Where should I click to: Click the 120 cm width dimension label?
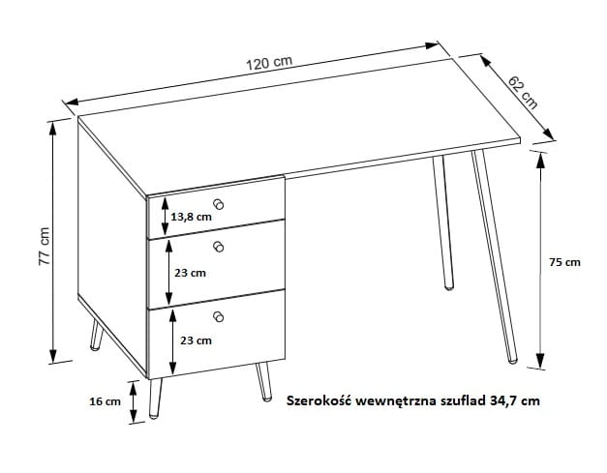[x=269, y=63]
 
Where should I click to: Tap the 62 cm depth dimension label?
[x=523, y=93]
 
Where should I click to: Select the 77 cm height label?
[x=45, y=246]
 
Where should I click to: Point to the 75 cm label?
[x=564, y=262]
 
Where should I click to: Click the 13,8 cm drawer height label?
[x=192, y=217]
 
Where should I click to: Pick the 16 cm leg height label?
[x=105, y=401]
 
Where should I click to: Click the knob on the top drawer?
[x=219, y=204]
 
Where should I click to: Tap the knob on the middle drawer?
[x=219, y=247]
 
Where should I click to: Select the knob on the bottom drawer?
[x=219, y=316]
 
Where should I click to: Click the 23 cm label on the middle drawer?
[x=190, y=273]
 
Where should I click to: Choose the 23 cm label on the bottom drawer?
[x=196, y=340]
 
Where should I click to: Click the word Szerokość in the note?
[x=319, y=400]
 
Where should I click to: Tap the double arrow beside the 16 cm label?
[x=134, y=401]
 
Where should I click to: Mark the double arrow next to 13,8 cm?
[x=166, y=216]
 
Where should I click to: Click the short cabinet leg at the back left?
[x=97, y=336]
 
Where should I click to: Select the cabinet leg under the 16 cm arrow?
[x=155, y=398]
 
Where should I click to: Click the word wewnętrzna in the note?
[x=396, y=401]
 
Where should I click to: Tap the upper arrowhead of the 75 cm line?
[x=541, y=161]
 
